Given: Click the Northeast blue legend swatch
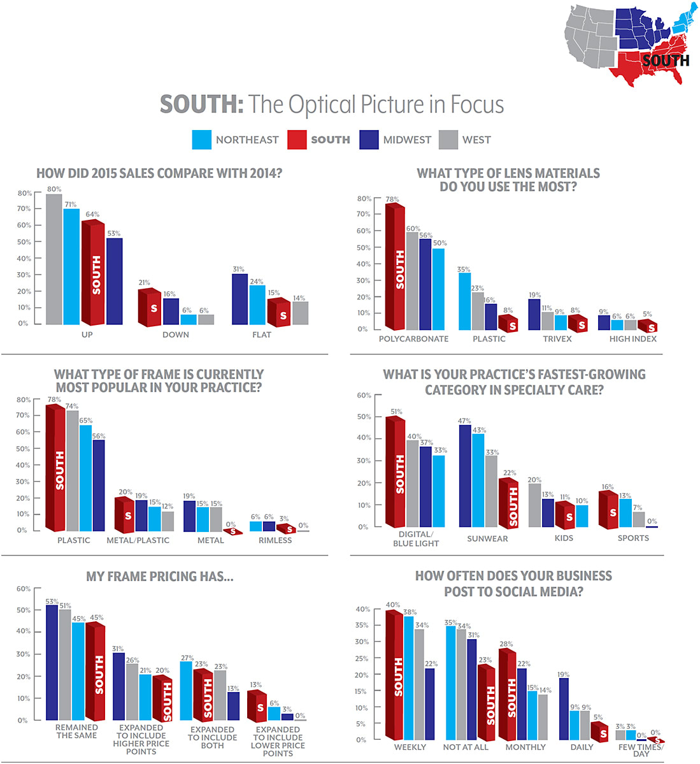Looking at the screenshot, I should (x=201, y=140).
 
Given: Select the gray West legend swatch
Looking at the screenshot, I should (x=448, y=140).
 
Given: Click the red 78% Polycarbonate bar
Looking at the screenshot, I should (x=395, y=268).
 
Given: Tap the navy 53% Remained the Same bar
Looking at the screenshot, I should (x=52, y=663).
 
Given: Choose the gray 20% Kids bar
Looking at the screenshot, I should (x=534, y=505).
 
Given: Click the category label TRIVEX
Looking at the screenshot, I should (x=557, y=339).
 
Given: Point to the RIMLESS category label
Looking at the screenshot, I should (x=275, y=540).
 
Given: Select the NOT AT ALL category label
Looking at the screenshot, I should (x=466, y=747).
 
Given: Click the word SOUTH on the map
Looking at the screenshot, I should (x=666, y=61).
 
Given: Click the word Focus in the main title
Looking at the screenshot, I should (x=477, y=105).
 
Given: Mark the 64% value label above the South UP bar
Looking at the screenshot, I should (x=92, y=215).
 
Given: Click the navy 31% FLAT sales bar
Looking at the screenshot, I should (x=239, y=299).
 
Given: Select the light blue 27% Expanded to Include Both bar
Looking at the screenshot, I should (x=186, y=691).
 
